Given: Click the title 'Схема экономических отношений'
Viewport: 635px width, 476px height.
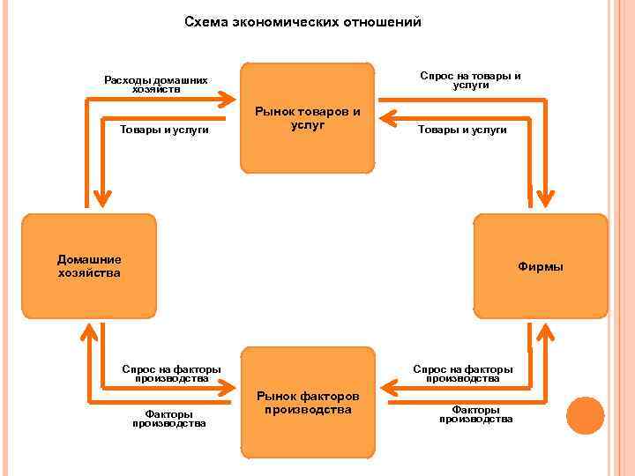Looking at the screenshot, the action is click(x=303, y=21).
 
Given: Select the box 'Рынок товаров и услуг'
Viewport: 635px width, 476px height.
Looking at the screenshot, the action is click(x=307, y=118).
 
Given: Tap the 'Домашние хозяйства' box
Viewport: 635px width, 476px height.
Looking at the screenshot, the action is click(x=89, y=265).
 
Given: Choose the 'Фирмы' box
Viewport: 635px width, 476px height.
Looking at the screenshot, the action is click(x=541, y=265).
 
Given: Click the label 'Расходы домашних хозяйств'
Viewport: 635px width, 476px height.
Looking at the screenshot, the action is click(x=156, y=85).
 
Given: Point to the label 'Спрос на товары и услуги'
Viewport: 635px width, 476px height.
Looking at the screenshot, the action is click(x=470, y=80).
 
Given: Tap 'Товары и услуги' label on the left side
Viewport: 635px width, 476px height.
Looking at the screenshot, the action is click(x=164, y=130).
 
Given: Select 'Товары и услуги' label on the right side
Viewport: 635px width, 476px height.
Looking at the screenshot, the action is click(x=462, y=130).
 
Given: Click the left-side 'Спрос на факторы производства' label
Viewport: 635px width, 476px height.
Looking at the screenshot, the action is click(x=171, y=373).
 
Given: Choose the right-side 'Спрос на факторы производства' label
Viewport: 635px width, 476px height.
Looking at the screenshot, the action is click(x=462, y=373).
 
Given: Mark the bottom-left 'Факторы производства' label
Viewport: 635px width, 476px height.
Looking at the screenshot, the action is click(x=169, y=418).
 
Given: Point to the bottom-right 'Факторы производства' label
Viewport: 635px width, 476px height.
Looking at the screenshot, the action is click(x=475, y=414).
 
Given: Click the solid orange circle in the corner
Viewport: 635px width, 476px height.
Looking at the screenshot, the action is click(x=585, y=415).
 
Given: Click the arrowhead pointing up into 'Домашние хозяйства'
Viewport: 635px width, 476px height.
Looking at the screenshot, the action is click(x=89, y=329).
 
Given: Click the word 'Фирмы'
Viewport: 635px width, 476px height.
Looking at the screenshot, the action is click(x=541, y=266).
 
